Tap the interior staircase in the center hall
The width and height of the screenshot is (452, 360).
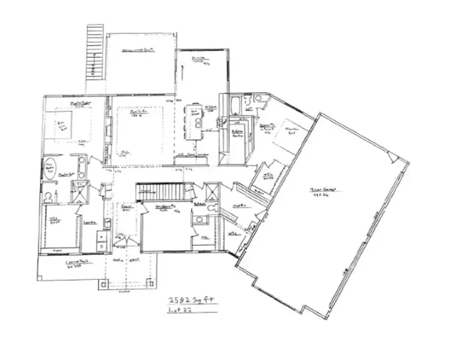click(160, 191)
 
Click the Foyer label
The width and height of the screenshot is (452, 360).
click(126, 207)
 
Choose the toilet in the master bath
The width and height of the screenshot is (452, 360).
click(49, 196)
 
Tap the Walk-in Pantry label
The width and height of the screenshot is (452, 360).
click(238, 134)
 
